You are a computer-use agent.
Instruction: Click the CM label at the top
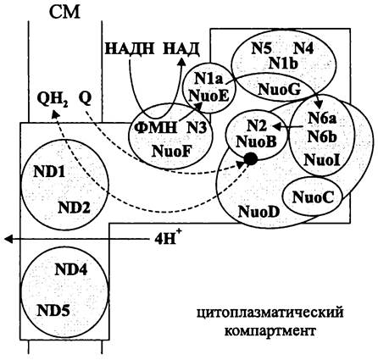(64, 12)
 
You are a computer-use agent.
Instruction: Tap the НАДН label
(130, 48)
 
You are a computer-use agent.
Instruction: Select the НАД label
(181, 48)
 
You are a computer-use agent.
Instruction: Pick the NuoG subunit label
(279, 90)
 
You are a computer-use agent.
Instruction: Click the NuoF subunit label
(170, 151)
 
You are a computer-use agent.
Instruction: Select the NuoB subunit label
(257, 141)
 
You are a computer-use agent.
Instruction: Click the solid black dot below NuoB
(250, 159)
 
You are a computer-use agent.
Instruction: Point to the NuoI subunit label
(321, 160)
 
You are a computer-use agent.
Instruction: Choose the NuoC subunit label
(313, 197)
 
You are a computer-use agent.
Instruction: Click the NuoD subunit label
(259, 211)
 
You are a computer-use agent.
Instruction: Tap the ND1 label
(49, 171)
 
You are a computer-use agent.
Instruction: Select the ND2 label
(74, 208)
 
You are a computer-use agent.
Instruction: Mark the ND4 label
(70, 269)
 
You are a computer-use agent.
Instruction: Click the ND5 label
(53, 311)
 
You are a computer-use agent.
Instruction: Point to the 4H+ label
(167, 238)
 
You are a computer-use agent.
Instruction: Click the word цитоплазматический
(270, 313)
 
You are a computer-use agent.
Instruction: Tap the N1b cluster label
(283, 64)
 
